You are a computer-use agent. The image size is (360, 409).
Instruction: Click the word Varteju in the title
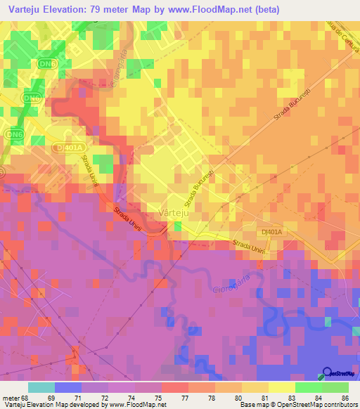pyautogui.click(x=27, y=10)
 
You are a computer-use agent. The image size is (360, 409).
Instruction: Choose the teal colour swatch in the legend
pyautogui.click(x=41, y=387)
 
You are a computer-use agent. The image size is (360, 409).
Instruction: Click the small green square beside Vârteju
pyautogui.click(x=177, y=226)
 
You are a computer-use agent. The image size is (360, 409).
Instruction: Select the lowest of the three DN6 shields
pyautogui.click(x=14, y=134)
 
